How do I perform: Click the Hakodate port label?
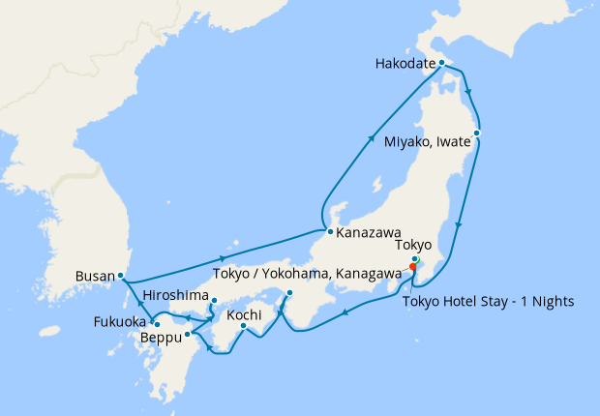(405, 66)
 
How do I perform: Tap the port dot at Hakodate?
(441, 63)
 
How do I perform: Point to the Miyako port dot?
(476, 132)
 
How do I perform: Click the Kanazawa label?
(369, 233)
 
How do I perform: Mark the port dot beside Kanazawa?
(330, 232)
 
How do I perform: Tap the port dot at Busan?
(120, 275)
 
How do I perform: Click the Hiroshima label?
(173, 294)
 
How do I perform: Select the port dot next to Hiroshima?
(214, 300)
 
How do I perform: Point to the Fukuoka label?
(120, 322)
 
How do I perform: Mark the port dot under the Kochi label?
(243, 326)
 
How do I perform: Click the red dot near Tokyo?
(412, 268)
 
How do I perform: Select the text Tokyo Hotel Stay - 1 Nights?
(488, 302)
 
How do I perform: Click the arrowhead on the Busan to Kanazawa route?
(225, 258)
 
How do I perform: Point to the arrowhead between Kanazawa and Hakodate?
(373, 140)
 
